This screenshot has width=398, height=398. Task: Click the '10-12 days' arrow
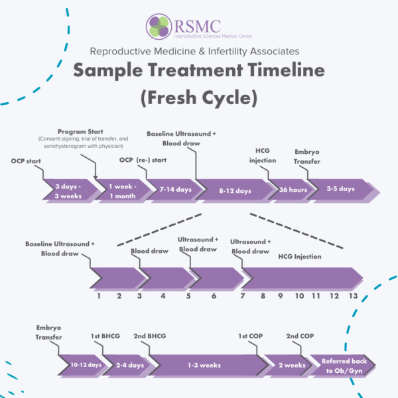pos(86,365)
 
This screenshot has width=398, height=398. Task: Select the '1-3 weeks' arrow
pos(206,365)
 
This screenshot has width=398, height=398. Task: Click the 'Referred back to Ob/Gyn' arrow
pos(342,365)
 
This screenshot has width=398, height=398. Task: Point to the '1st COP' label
pos(249,336)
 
